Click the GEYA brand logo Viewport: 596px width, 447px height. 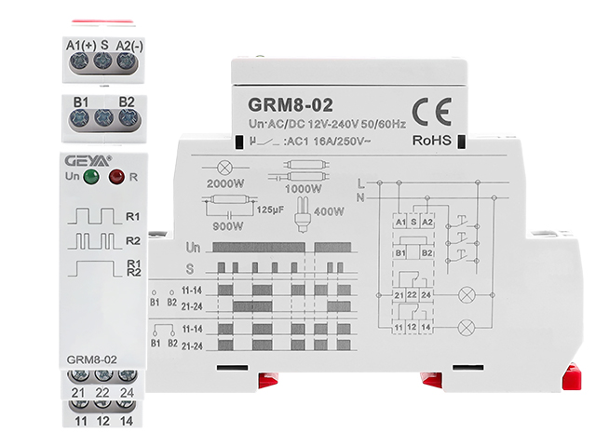coord(85,158)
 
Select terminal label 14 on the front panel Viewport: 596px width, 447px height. coord(128,422)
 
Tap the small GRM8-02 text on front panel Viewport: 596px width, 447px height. coord(91,358)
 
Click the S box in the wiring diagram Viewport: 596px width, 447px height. coord(413,223)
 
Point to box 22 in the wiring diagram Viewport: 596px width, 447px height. coord(413,295)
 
